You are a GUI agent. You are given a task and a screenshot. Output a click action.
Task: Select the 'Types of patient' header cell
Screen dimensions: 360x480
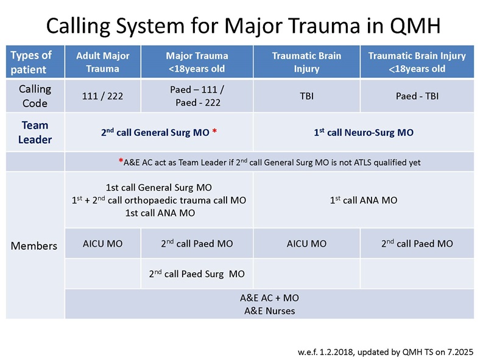pyautogui.click(x=31, y=62)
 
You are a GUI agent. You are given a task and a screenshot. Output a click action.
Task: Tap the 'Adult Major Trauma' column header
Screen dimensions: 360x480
pyautogui.click(x=102, y=62)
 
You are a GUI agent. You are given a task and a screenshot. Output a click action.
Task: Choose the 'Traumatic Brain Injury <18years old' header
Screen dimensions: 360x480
pyautogui.click(x=417, y=62)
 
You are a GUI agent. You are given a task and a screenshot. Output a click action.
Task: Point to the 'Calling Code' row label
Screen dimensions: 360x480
pyautogui.click(x=35, y=96)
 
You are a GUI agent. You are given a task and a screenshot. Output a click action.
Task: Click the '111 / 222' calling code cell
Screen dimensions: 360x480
pyautogui.click(x=102, y=96)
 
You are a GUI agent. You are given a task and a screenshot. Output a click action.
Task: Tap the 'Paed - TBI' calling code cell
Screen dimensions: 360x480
pyautogui.click(x=417, y=96)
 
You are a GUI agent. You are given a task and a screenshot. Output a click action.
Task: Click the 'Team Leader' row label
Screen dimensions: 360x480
pyautogui.click(x=35, y=132)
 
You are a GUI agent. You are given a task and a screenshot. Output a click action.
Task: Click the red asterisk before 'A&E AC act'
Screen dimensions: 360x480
pyautogui.click(x=121, y=162)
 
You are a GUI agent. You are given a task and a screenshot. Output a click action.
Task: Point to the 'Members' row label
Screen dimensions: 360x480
pyautogui.click(x=35, y=245)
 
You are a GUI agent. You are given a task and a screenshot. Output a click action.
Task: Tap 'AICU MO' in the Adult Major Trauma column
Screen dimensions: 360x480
pyautogui.click(x=102, y=244)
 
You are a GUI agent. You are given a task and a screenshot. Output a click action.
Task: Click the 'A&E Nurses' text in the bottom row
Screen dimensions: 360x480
pyautogui.click(x=268, y=311)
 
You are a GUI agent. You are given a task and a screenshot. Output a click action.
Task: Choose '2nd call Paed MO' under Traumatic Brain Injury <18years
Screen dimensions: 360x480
pyautogui.click(x=417, y=244)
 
